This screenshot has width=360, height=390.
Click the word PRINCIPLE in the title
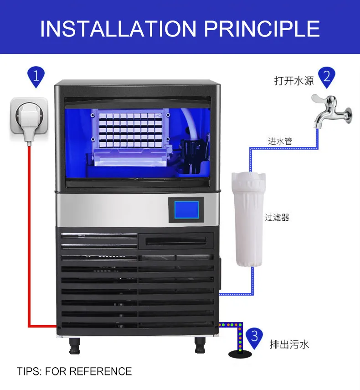[262, 28]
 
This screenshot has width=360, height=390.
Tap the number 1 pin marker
[36, 76]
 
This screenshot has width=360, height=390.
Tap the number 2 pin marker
[327, 76]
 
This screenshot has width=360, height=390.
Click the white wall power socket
[28, 119]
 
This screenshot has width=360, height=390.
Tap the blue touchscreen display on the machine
[186, 211]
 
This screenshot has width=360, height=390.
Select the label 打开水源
[294, 81]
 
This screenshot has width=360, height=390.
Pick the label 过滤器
[277, 218]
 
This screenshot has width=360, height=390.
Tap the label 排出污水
[289, 344]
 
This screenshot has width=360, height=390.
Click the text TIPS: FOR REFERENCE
[74, 371]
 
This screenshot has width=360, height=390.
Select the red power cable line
[29, 237]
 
